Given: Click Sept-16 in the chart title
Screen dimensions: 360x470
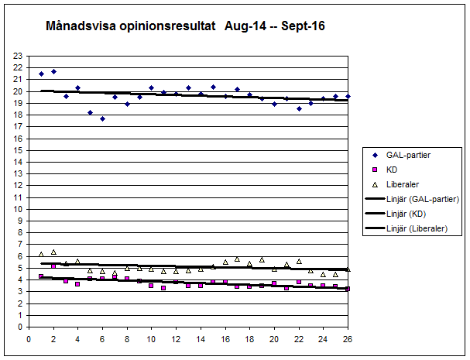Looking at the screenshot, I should [304, 26].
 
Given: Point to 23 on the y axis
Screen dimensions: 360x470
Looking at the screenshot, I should [19, 56].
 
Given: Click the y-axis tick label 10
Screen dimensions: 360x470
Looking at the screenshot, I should [19, 209].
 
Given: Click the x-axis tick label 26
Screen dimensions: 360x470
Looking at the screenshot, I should [348, 338].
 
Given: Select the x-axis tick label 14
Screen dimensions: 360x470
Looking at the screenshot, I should [201, 338].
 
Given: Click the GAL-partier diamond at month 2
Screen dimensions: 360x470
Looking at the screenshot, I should [53, 71].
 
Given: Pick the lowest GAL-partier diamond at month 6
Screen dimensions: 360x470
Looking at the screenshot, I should [102, 118].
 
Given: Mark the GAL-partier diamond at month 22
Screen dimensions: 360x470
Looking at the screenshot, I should [299, 108].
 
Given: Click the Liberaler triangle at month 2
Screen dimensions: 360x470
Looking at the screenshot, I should [53, 252].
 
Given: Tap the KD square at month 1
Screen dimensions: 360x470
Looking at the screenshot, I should [41, 276].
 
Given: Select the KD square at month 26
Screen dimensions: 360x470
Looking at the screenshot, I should [348, 289].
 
